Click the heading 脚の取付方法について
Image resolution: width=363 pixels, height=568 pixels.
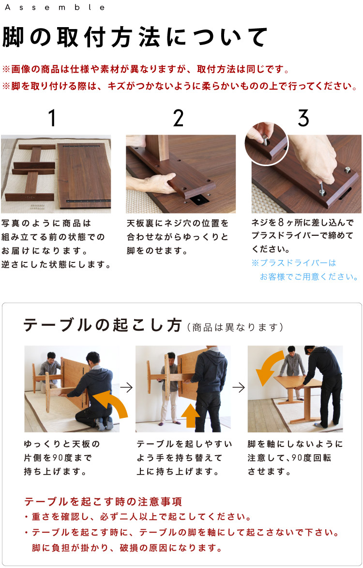(135, 37)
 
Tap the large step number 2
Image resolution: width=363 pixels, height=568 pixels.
(178, 118)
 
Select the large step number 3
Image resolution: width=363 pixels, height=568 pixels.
(303, 118)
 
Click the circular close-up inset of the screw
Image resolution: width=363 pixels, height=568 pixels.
(266, 144)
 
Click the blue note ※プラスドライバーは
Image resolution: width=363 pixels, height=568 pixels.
(294, 263)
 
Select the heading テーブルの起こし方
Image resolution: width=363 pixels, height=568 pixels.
(102, 326)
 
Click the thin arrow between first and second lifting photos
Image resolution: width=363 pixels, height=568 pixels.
(127, 387)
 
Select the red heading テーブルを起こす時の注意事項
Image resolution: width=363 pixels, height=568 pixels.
(103, 501)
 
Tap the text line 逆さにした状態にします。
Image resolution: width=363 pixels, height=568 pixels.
(56, 265)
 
